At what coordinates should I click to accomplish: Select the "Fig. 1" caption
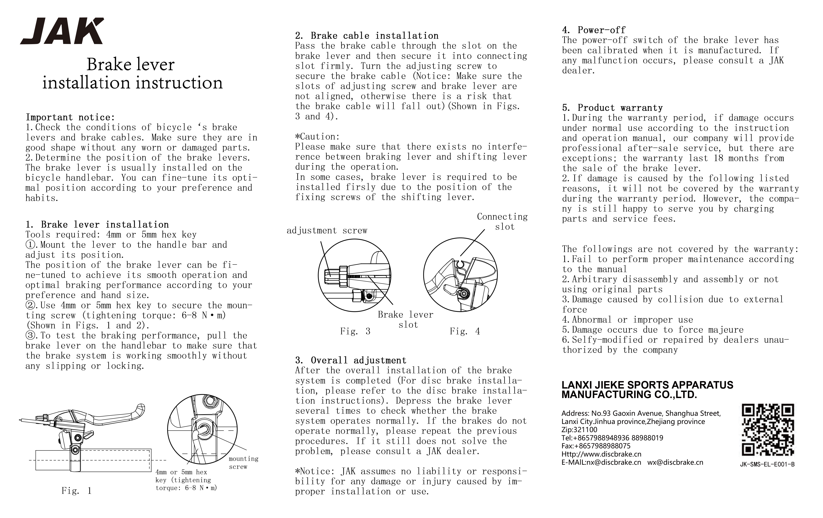[77, 491]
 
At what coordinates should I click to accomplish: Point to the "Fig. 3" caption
[355, 331]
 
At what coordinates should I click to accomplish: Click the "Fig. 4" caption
[465, 331]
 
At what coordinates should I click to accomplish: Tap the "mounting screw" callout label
[243, 463]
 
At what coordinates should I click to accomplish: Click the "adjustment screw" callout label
[327, 230]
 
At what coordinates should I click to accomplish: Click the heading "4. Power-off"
[594, 30]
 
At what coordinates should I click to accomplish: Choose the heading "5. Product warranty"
[612, 108]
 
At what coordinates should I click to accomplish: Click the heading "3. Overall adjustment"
[351, 360]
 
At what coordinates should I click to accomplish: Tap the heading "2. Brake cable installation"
[367, 36]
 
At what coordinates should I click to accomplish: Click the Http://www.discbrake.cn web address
[601, 454]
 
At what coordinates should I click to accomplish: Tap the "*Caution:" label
[317, 137]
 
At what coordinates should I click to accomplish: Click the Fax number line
[596, 446]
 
